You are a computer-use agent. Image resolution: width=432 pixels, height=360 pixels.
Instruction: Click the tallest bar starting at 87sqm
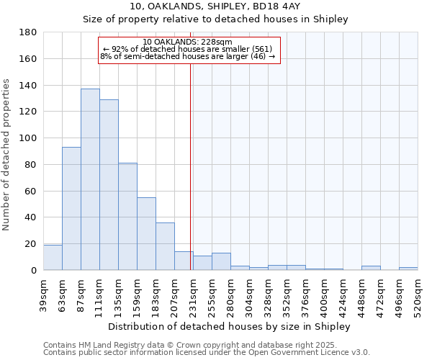coord(90,179)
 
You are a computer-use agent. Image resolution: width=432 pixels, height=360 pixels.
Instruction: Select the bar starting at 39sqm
coord(53,258)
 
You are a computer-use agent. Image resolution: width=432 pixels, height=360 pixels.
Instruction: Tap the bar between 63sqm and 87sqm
coord(71,209)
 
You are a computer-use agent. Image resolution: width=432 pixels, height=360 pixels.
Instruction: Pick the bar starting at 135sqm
coord(127,216)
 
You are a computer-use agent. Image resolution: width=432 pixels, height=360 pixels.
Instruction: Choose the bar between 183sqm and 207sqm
coord(165,246)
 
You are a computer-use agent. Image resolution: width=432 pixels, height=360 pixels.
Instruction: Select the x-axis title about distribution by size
coord(230,326)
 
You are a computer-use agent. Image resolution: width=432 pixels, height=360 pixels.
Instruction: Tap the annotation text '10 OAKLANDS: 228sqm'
coord(187,42)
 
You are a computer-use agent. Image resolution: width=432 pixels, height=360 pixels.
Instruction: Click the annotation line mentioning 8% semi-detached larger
coord(188,56)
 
